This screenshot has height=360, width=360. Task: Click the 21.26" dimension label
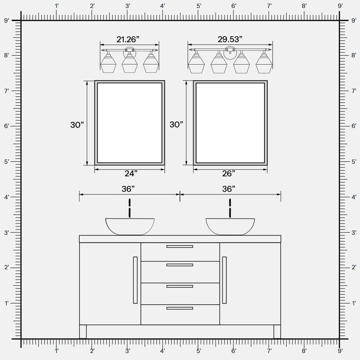point(129,39)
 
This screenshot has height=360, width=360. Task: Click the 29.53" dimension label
point(230,39)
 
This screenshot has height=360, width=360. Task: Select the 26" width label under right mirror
point(228,173)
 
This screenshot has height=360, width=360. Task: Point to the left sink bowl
point(130,226)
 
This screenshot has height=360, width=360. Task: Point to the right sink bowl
point(230,226)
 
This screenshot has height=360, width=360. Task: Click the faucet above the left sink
point(130,208)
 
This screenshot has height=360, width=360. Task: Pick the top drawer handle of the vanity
point(180,247)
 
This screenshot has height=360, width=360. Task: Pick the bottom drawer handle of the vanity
point(180,308)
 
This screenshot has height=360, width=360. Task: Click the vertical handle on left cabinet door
point(135,280)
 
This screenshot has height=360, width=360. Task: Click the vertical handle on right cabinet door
point(224,280)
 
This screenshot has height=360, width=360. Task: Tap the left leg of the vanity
point(83,332)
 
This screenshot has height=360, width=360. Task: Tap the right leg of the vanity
point(277,332)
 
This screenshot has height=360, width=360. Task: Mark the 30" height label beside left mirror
point(77,125)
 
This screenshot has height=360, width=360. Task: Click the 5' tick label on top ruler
point(198,6)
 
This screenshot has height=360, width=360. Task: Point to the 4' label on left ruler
point(6,197)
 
